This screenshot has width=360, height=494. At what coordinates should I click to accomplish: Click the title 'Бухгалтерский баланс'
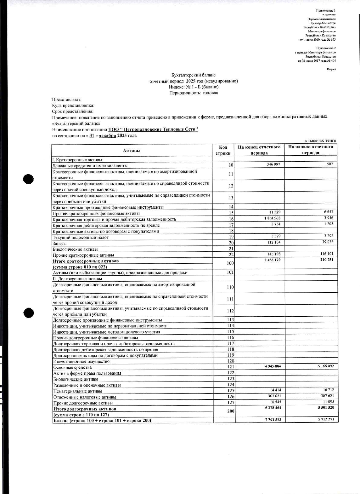click(x=193, y=75)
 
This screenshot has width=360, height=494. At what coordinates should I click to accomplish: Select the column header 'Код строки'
click(x=223, y=150)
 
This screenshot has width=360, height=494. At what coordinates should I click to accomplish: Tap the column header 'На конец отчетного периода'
click(x=259, y=150)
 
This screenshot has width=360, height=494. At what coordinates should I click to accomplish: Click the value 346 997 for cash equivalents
click(x=273, y=165)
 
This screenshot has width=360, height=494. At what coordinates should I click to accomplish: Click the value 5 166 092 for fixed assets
click(x=326, y=366)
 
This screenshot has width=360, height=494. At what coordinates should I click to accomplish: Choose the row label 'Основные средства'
click(x=72, y=368)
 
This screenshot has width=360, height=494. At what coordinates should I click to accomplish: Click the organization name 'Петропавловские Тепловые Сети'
click(x=153, y=129)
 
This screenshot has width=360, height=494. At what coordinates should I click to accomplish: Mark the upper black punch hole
click(x=28, y=179)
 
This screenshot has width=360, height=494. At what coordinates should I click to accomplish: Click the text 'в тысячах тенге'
click(x=320, y=140)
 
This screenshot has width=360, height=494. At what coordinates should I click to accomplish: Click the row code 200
click(x=231, y=411)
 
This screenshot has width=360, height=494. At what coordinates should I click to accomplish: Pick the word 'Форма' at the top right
click(x=331, y=69)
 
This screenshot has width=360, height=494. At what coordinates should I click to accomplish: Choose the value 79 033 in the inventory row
click(x=327, y=242)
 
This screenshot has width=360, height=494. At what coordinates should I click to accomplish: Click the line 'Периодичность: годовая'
click(x=193, y=93)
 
